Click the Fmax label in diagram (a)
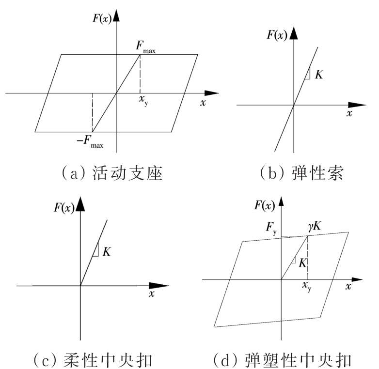(145, 47)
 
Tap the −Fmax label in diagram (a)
(90, 141)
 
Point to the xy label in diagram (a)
(143, 100)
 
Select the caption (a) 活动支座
(112, 173)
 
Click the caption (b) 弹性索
(301, 173)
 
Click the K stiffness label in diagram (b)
(319, 75)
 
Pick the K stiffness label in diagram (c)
(107, 252)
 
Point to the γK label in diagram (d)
(315, 226)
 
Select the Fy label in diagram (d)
(271, 228)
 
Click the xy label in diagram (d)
(307, 286)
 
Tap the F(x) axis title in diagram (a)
(102, 18)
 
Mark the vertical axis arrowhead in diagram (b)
(294, 33)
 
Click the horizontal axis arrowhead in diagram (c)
(158, 286)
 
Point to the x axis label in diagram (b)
(349, 113)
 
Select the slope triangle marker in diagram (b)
(308, 74)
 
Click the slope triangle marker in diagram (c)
(95, 250)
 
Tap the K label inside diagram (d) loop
(302, 263)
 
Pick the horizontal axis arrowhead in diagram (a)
(212, 93)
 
